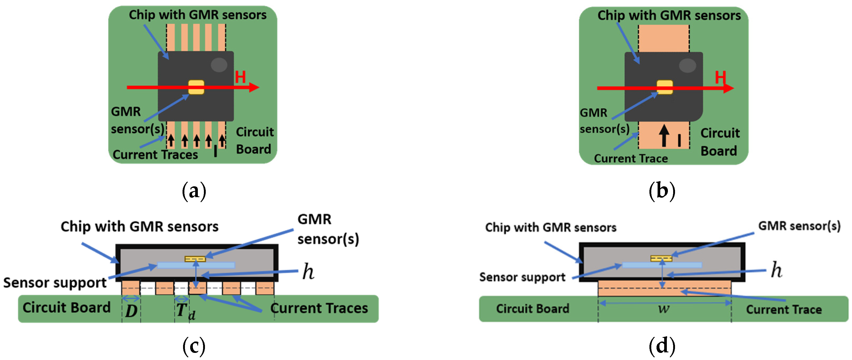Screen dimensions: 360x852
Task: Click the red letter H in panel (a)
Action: (241, 77)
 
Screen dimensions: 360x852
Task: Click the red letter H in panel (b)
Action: (720, 78)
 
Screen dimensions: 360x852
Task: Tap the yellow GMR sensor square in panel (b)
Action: (664, 87)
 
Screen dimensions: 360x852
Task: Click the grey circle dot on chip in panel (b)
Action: (687, 65)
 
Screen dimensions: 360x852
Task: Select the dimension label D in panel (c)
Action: (131, 311)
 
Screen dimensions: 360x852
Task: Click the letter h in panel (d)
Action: (776, 270)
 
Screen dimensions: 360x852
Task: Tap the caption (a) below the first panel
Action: (194, 191)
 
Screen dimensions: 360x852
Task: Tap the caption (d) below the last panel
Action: (662, 346)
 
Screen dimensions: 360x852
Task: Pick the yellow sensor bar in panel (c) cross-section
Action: (195, 259)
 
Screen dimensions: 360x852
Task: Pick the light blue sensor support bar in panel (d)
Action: (662, 265)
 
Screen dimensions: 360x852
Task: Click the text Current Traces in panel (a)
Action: (155, 154)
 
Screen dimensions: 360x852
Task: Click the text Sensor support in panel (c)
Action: (55, 283)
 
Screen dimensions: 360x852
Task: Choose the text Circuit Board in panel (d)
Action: (533, 308)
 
